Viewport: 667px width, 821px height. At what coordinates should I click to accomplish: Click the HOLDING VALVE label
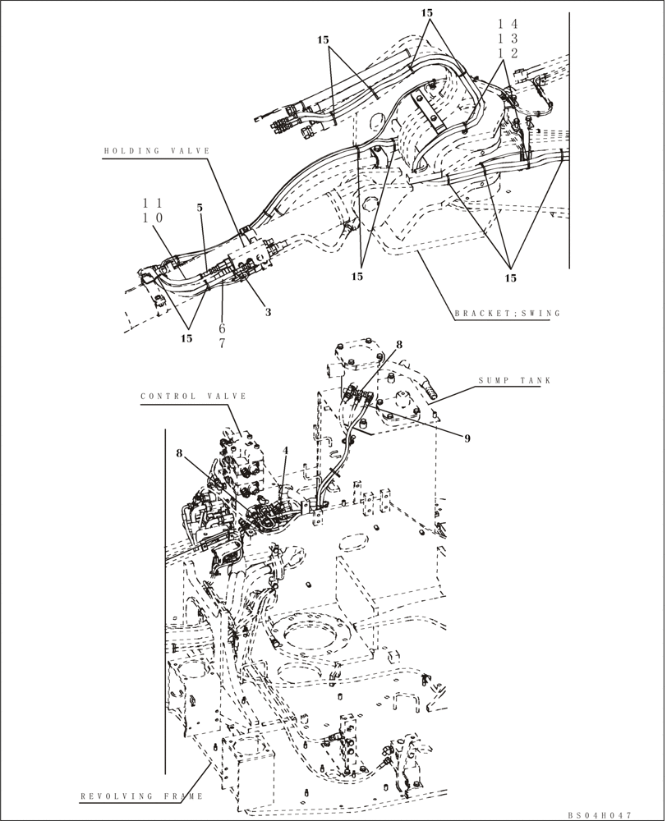point(156,151)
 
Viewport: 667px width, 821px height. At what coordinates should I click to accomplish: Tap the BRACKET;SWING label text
point(507,313)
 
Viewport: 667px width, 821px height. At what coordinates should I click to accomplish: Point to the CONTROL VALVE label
point(194,396)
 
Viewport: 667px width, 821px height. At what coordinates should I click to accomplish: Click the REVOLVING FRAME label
point(140,796)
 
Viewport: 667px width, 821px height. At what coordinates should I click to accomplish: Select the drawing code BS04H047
point(599,814)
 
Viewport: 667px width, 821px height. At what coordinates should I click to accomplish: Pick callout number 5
point(200,208)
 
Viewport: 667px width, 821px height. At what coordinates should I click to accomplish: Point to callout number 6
point(221,328)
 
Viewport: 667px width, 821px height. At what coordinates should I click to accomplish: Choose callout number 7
point(221,343)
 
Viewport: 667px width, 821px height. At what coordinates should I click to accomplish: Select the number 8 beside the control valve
point(179,452)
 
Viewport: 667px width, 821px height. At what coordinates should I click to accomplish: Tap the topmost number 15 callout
point(426,13)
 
